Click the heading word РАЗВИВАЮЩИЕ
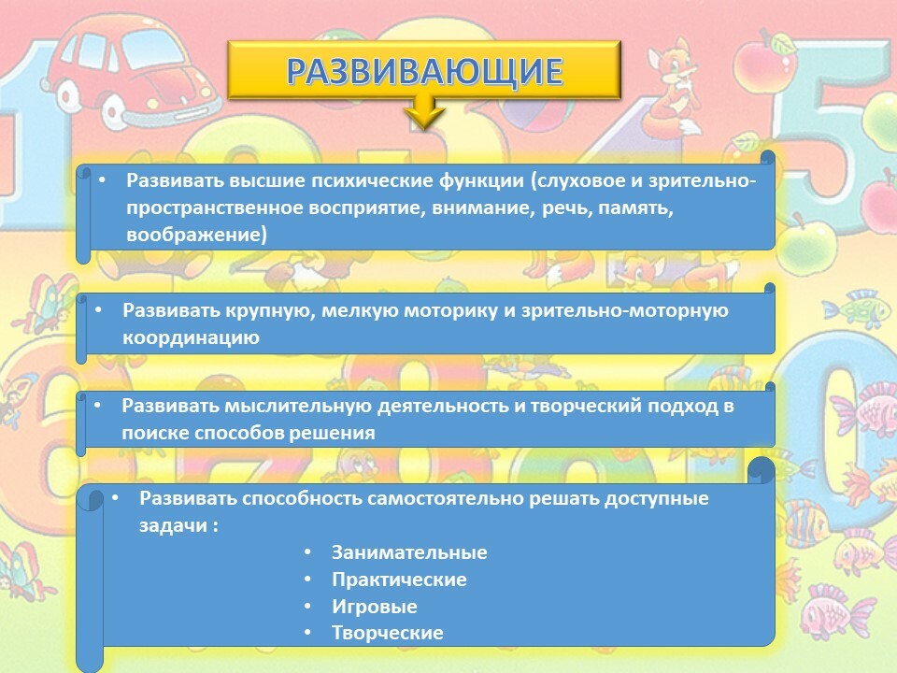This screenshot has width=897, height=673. pos(424,71)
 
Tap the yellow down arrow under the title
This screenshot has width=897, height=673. pos(424,112)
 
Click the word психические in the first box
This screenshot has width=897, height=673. pos(372,180)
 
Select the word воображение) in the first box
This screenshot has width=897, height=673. pos(196,235)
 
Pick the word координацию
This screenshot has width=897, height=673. pos(191,337)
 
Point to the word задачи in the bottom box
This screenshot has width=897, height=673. pos(174,526)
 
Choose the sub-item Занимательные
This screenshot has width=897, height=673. pos(409,552)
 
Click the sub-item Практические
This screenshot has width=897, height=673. pos(399,580)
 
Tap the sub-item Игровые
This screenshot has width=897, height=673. pos(375,607)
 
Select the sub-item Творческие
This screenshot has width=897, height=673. pos(388,633)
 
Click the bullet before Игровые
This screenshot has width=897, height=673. pos(307,606)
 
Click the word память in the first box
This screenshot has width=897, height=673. pos(633,208)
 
